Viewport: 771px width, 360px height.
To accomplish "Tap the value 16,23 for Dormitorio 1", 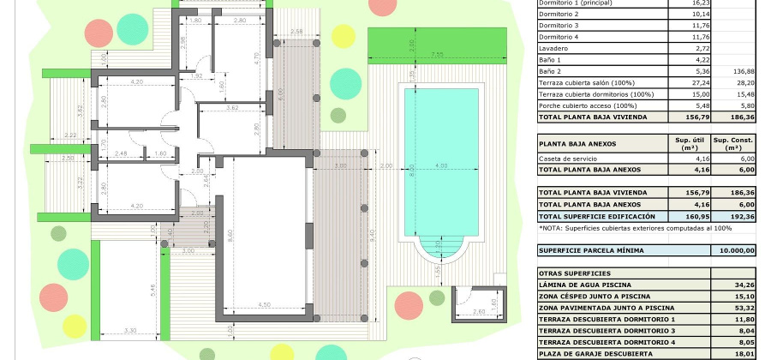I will pos(689,3).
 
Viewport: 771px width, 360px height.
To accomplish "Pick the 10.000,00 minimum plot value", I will pos(733,250).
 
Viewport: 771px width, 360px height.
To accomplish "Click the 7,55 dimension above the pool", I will pos(436,55).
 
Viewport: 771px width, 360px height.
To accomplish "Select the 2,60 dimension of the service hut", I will pos(479,312).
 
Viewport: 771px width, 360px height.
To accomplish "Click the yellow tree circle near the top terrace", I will pos(343,36).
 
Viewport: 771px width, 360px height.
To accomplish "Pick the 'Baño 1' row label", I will pos(550,60).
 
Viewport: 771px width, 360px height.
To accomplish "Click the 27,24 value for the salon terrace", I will pos(689,83).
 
